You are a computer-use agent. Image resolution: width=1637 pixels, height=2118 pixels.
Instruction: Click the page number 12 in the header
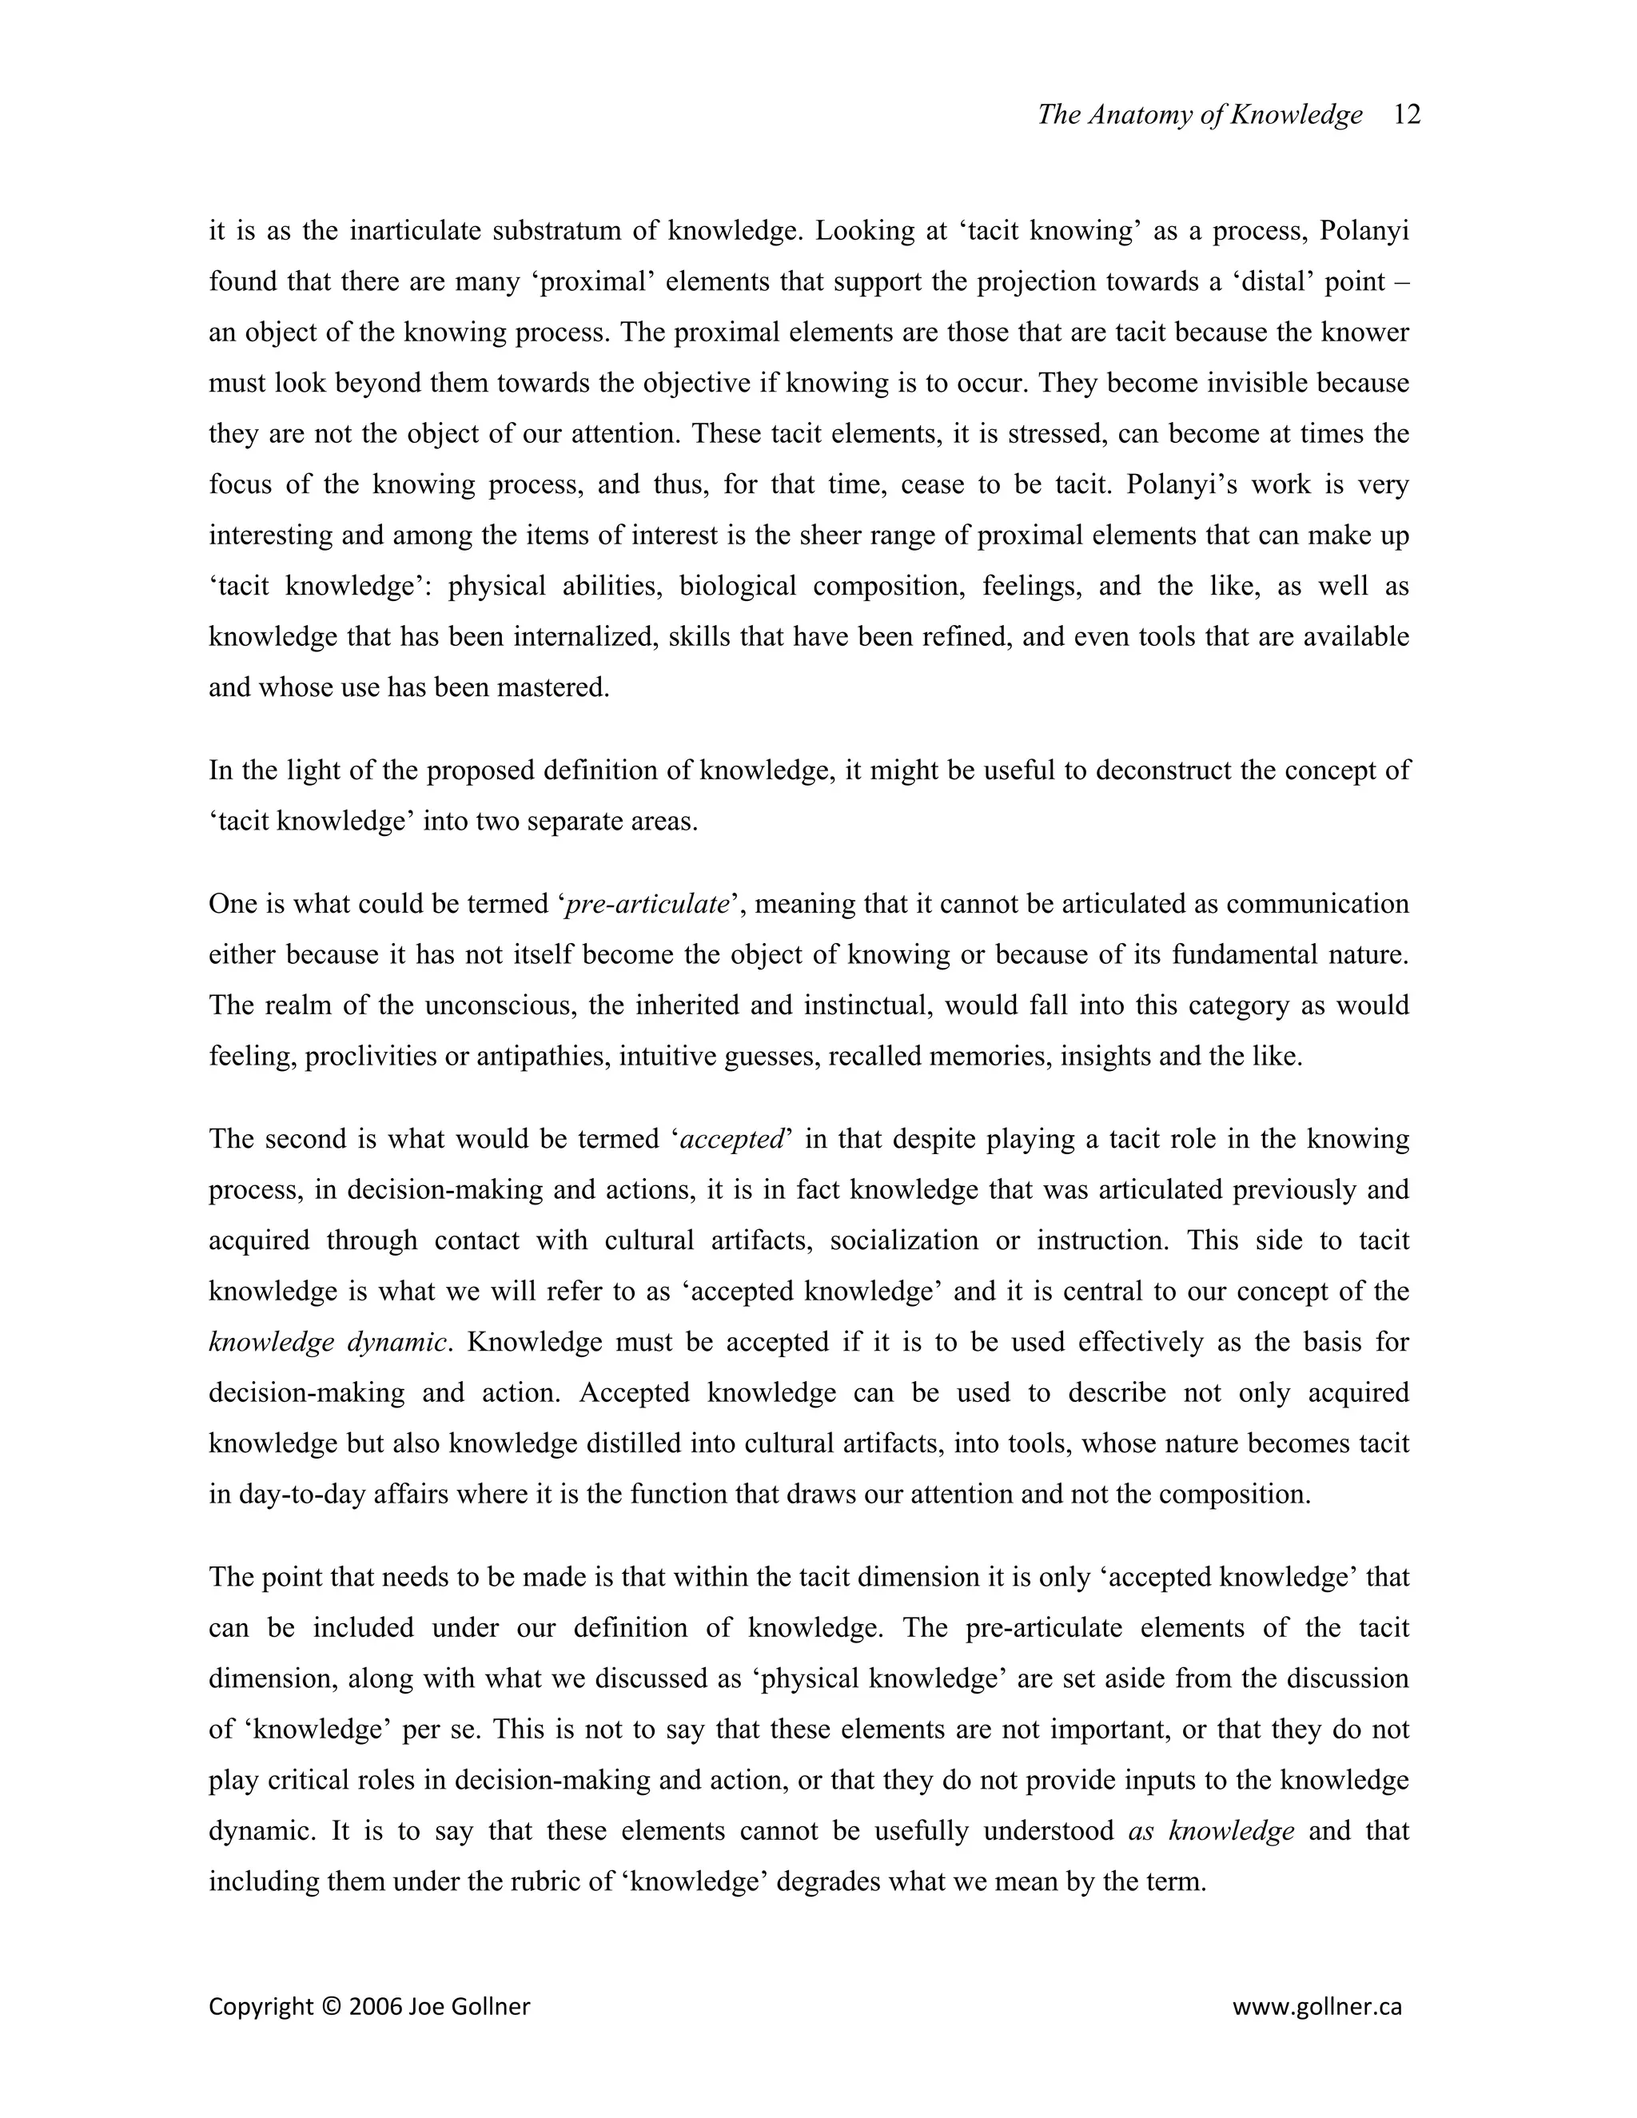1406,114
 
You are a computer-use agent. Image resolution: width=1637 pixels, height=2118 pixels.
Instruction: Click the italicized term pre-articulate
647,904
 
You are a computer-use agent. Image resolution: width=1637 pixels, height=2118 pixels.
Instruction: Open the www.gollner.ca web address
1316,2006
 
